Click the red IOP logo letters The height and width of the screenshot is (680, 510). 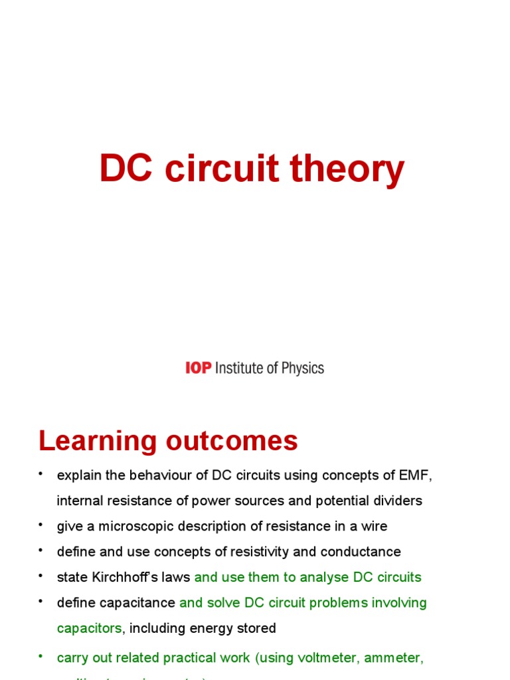[x=198, y=368]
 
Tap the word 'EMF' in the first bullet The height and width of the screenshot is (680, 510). [x=416, y=475]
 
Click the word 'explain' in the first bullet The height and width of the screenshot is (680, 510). [x=78, y=475]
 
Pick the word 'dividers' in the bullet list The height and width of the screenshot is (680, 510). [x=398, y=501]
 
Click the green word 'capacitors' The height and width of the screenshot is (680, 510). [x=89, y=628]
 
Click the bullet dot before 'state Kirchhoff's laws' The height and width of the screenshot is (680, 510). [x=41, y=576]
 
